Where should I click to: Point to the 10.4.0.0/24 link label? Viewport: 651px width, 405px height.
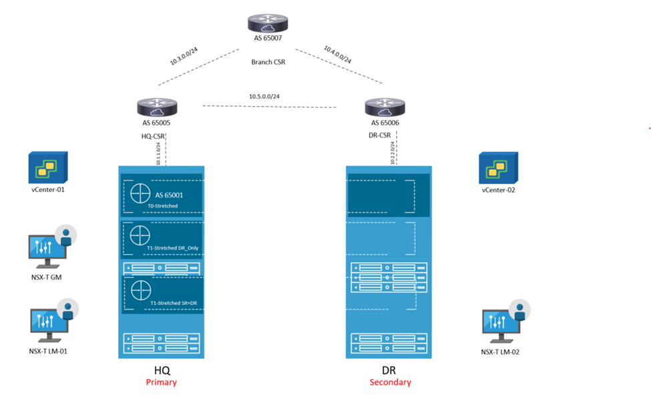coord(338,55)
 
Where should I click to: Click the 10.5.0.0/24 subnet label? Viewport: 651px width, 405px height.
coord(264,97)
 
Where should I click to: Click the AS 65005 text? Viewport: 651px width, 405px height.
coord(157,123)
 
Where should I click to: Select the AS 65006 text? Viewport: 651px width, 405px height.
coord(385,123)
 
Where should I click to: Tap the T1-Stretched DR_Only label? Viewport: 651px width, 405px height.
coord(174,248)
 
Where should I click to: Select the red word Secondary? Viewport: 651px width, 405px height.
coord(391,382)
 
